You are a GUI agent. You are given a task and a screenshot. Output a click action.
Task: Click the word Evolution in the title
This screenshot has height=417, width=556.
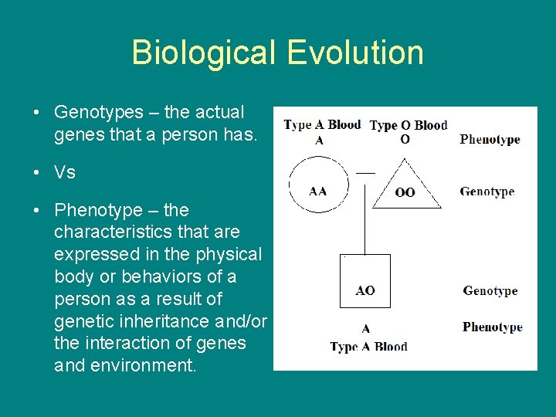click(x=355, y=53)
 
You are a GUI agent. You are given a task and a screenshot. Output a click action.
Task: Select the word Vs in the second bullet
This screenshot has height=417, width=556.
click(x=65, y=172)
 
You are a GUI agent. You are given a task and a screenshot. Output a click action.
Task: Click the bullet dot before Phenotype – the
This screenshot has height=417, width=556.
click(x=37, y=210)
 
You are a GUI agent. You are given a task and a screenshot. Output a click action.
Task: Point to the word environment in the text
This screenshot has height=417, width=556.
click(x=143, y=364)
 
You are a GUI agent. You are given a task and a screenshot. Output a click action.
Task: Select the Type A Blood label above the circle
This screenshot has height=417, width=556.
click(x=322, y=125)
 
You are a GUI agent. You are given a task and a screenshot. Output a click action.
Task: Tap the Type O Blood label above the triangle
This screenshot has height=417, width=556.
click(x=408, y=125)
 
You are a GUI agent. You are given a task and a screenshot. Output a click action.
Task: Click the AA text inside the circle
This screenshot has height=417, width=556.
click(x=318, y=191)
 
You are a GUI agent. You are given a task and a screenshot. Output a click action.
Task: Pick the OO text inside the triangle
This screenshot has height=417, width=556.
click(x=405, y=192)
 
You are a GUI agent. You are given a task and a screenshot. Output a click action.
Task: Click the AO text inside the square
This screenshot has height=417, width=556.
click(x=365, y=290)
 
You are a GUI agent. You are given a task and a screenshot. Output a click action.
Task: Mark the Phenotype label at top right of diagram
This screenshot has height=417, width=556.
click(x=490, y=140)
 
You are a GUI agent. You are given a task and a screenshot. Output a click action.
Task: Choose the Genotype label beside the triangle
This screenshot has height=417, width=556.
click(x=486, y=192)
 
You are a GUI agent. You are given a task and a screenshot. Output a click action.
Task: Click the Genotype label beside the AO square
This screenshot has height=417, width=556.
click(x=490, y=291)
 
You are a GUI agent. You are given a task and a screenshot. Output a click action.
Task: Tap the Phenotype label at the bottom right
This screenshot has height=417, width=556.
click(x=492, y=327)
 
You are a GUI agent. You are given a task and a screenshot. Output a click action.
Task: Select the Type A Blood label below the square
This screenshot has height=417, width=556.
click(x=368, y=347)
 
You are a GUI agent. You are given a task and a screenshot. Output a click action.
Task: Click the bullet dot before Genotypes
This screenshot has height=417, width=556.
click(x=37, y=113)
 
